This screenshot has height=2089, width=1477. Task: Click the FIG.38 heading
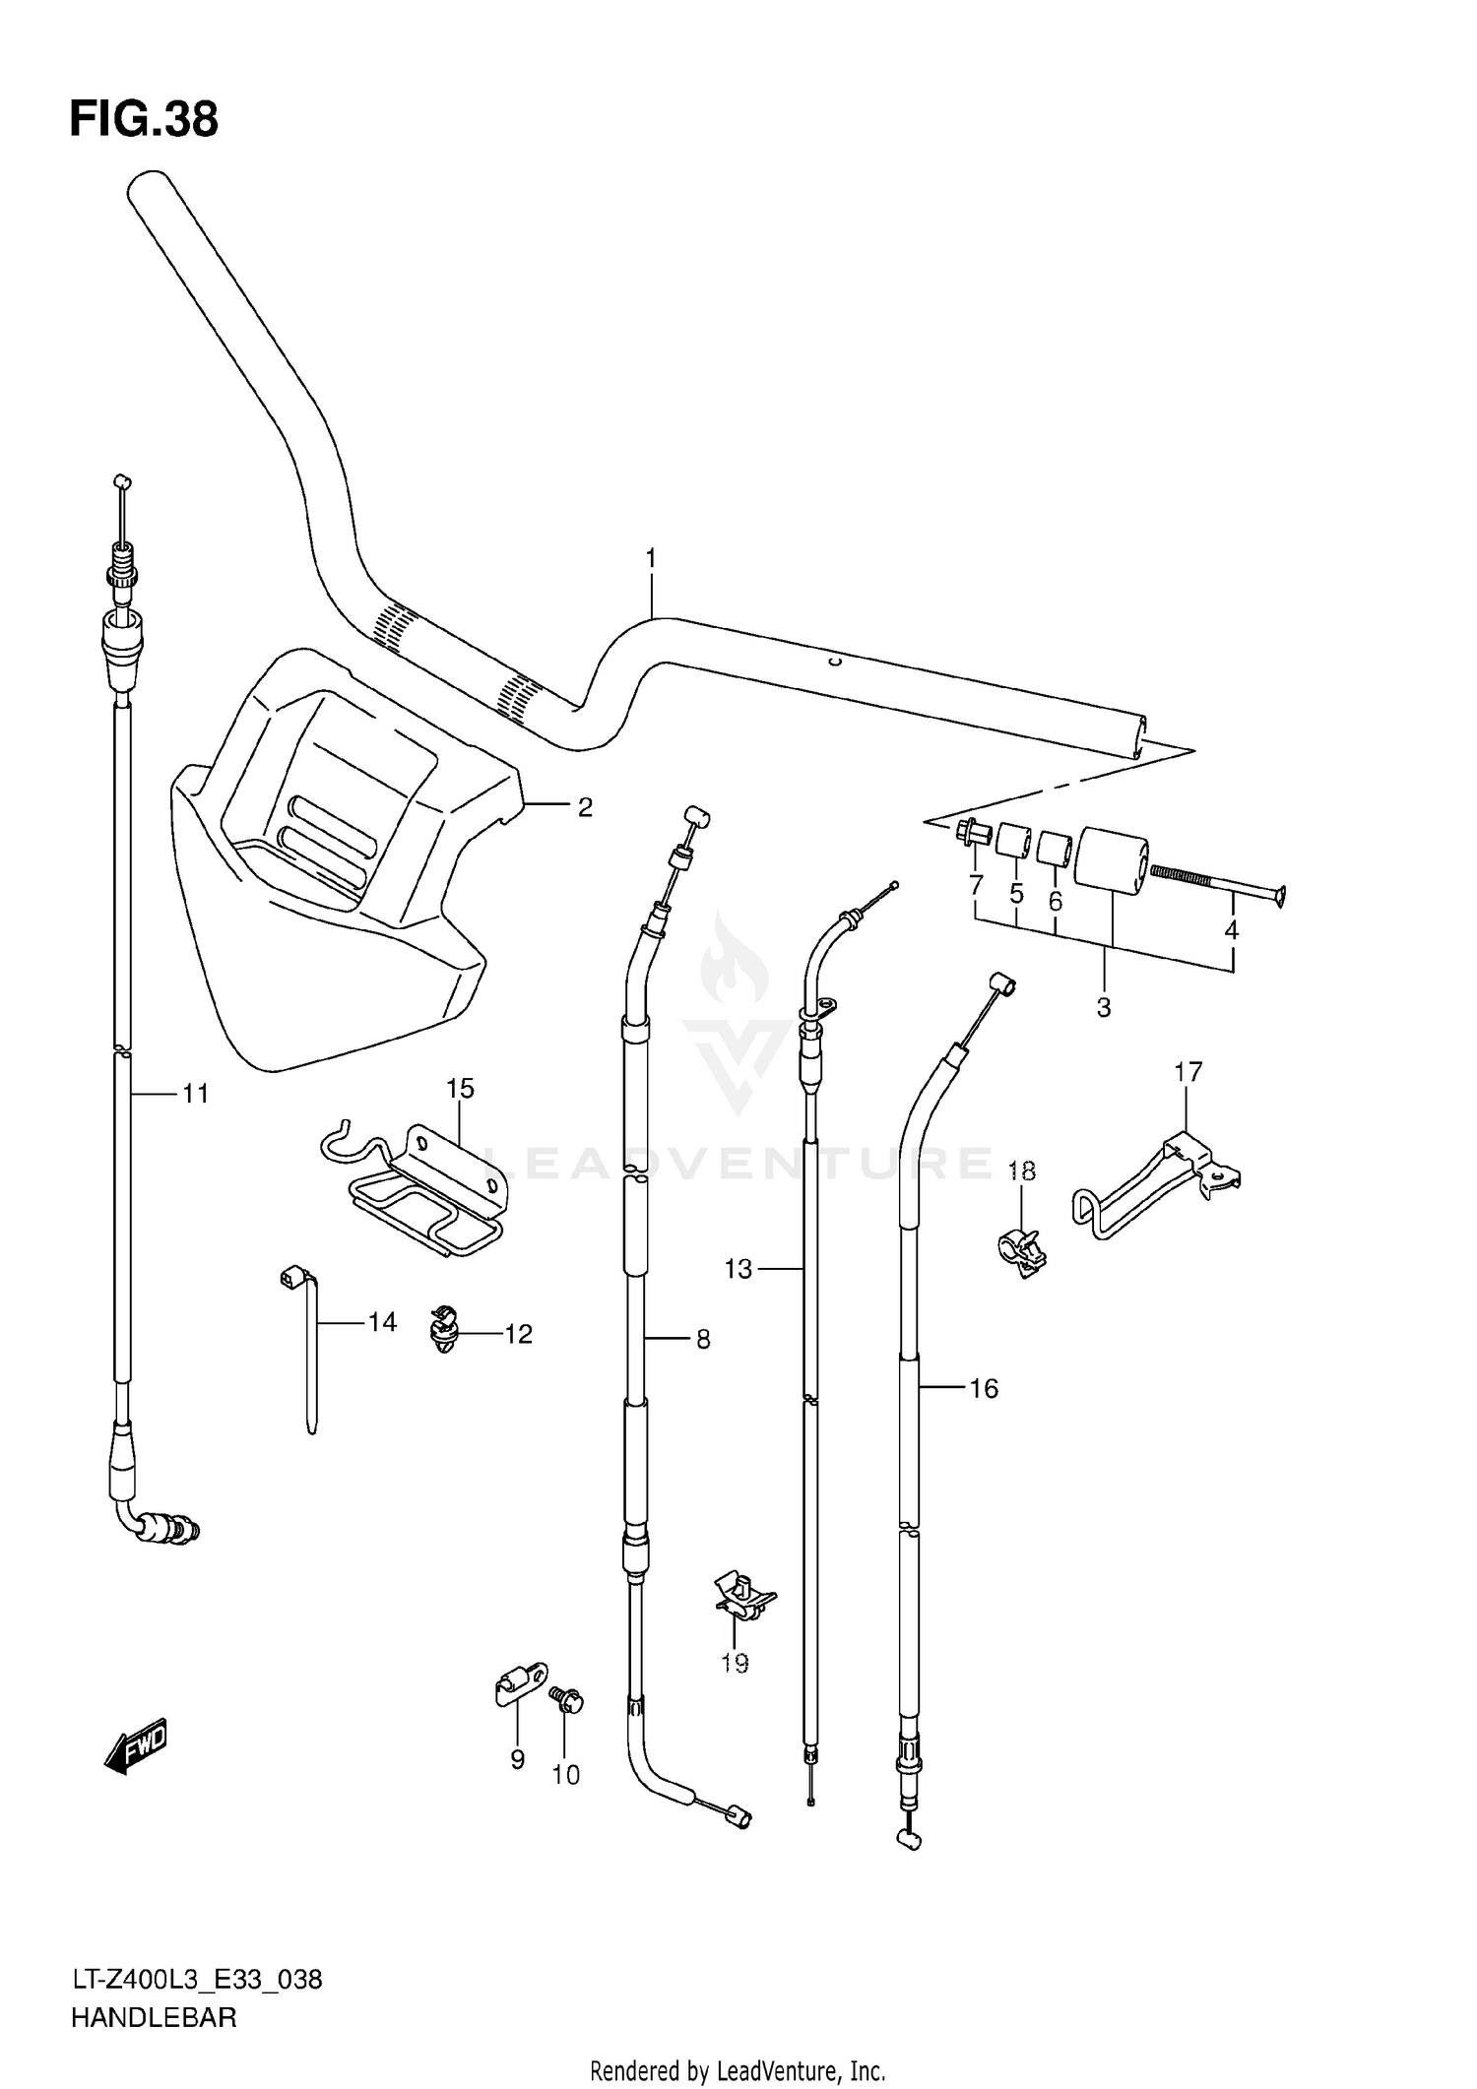pyautogui.click(x=144, y=120)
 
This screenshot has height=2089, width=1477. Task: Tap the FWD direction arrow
pyautogui.click(x=136, y=1747)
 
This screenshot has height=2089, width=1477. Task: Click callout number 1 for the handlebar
pyautogui.click(x=650, y=558)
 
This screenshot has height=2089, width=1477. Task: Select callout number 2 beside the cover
pyautogui.click(x=585, y=807)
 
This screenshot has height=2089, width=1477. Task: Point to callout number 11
pyautogui.click(x=195, y=1093)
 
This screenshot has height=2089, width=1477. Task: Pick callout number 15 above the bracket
pyautogui.click(x=460, y=1088)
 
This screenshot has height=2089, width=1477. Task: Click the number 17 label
pyautogui.click(x=1188, y=1071)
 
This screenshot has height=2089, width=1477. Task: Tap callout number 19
pyautogui.click(x=735, y=1663)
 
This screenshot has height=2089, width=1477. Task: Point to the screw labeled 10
pyautogui.click(x=567, y=1698)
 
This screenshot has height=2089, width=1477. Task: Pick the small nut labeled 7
pyautogui.click(x=972, y=833)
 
